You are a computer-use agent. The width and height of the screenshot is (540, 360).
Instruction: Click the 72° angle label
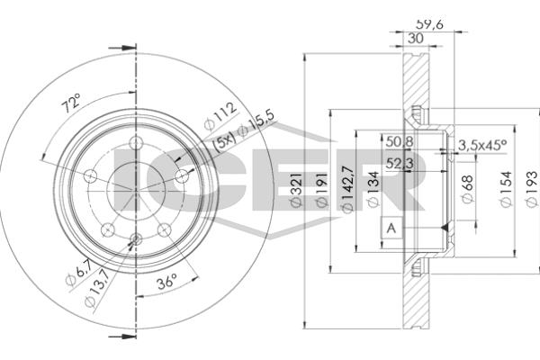pos(70,103)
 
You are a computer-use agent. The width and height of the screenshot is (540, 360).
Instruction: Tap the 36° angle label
pos(167,282)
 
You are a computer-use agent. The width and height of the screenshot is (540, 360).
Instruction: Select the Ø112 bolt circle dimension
pos(220,116)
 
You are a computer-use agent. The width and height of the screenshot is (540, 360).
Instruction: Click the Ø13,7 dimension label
pos(97,288)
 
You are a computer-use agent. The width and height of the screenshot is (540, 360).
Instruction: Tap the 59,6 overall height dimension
pos(429,24)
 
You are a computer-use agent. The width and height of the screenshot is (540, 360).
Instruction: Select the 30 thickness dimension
pos(415,38)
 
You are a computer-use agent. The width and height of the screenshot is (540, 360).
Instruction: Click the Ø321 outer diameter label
pos(297,190)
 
